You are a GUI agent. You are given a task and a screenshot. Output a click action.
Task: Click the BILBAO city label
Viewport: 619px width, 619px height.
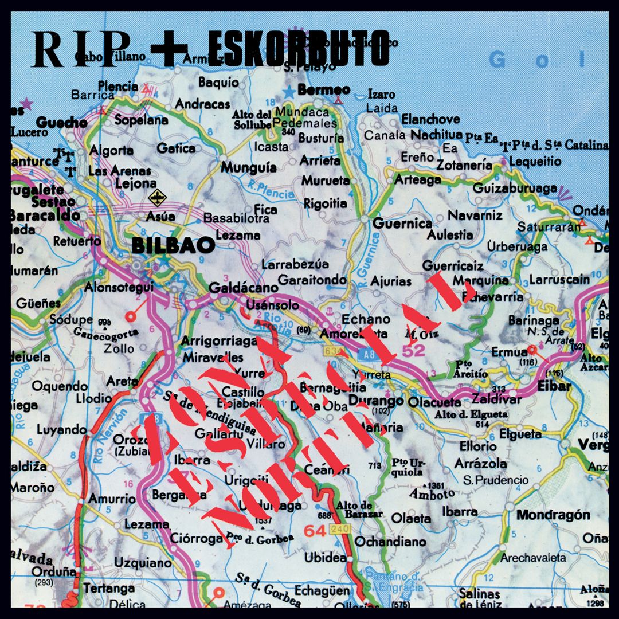click(x=173, y=246)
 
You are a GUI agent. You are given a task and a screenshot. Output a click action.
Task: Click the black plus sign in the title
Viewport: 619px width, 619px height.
click(x=169, y=48)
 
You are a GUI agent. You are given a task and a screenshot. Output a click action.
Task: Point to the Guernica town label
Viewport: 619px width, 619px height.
click(x=402, y=224)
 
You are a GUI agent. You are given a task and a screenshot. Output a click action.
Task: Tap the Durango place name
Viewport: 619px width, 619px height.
click(x=376, y=401)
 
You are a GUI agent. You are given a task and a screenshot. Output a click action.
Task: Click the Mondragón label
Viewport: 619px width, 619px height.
click(x=553, y=515)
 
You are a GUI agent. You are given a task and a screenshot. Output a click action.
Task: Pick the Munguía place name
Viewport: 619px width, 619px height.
click(x=250, y=168)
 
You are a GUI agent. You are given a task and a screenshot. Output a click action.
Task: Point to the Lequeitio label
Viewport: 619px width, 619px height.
click(x=535, y=162)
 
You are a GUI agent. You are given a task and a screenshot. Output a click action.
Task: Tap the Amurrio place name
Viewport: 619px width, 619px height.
click(x=112, y=499)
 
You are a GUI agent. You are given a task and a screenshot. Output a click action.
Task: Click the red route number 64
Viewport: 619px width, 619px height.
click(x=315, y=531)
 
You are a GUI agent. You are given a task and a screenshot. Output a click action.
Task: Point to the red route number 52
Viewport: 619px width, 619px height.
click(x=414, y=350)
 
